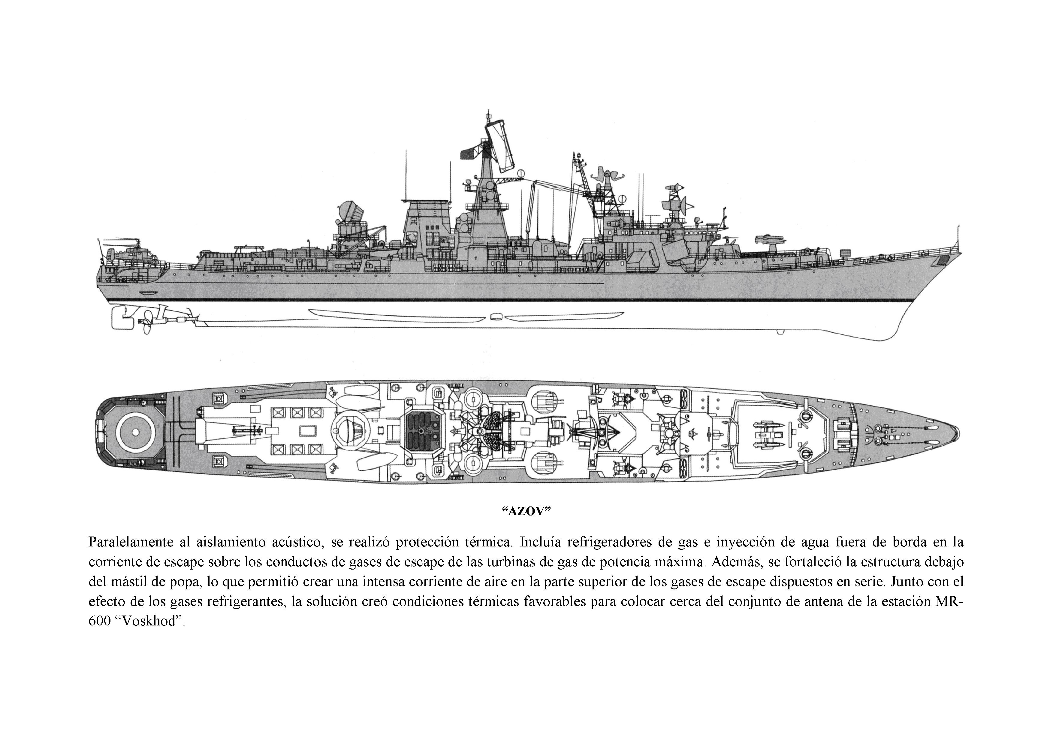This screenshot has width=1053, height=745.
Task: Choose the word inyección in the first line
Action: click(740, 542)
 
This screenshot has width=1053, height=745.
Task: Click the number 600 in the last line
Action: click(100, 622)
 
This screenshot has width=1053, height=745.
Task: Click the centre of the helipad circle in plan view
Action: click(136, 432)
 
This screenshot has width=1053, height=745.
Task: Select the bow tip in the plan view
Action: click(958, 432)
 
